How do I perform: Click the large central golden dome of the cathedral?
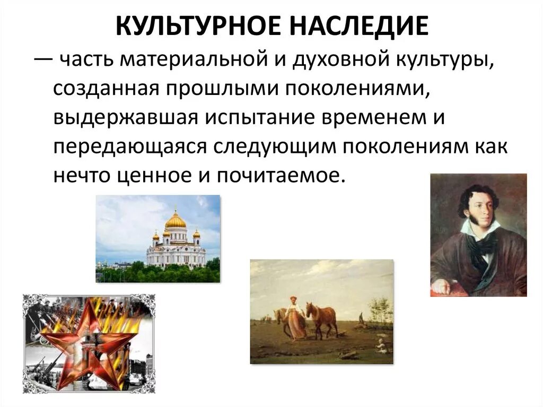[176, 220]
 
